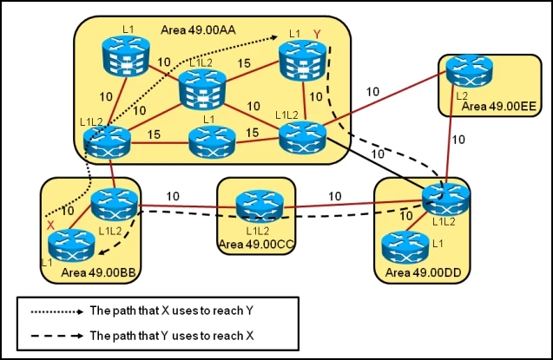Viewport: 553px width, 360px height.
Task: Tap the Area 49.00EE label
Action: coord(499,106)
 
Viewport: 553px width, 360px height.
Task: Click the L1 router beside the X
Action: coord(69,246)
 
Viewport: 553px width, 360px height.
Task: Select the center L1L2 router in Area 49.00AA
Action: coord(201,89)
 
